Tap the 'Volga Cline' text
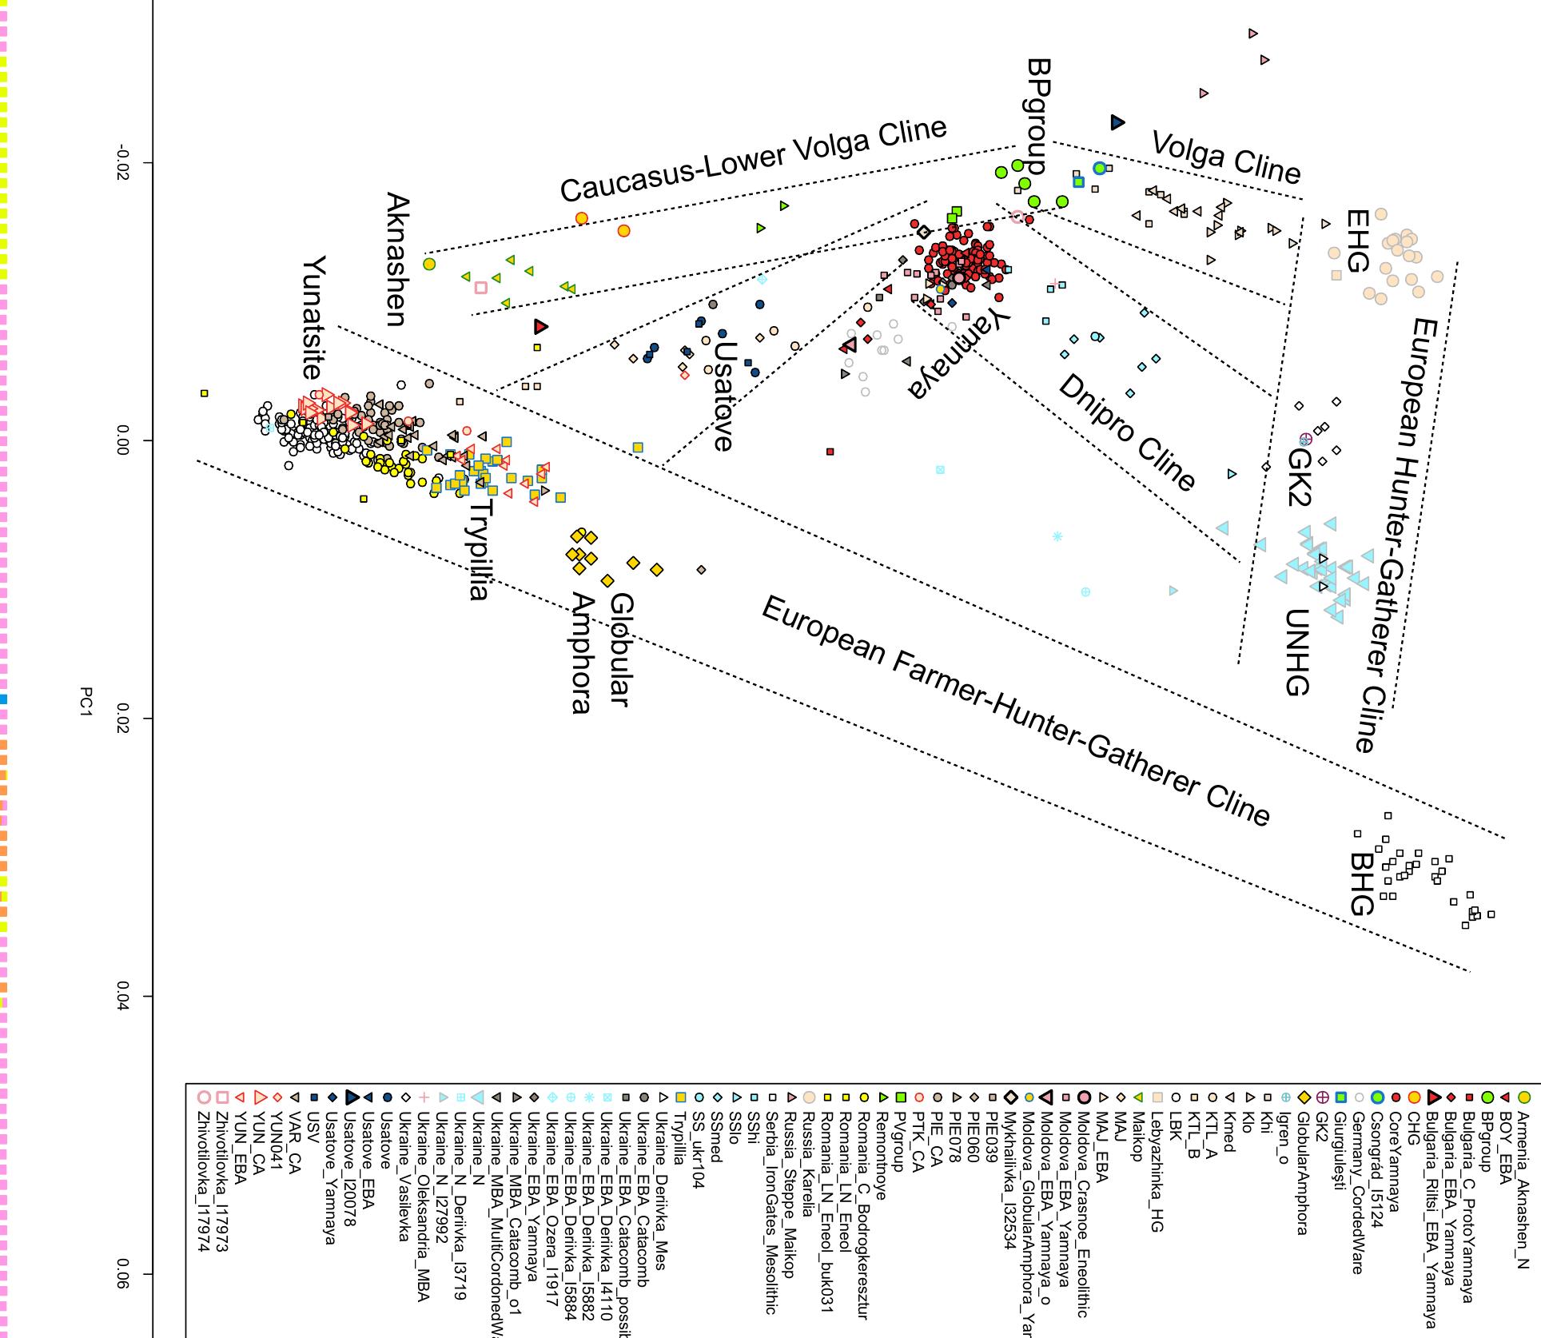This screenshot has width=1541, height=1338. point(1226,157)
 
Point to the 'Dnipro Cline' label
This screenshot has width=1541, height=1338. point(1126,432)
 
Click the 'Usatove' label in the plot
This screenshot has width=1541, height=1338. point(723,396)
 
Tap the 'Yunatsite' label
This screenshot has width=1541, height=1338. point(313,317)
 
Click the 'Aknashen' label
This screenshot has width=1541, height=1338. point(397,260)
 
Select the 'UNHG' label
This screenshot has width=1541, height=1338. point(1296,652)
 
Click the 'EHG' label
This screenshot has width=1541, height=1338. point(1357,241)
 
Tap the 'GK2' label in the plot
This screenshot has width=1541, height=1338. point(1298,477)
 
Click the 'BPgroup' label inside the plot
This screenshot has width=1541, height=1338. point(1038,116)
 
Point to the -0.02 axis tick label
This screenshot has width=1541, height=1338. point(121,164)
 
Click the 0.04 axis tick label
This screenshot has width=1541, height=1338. point(121,997)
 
